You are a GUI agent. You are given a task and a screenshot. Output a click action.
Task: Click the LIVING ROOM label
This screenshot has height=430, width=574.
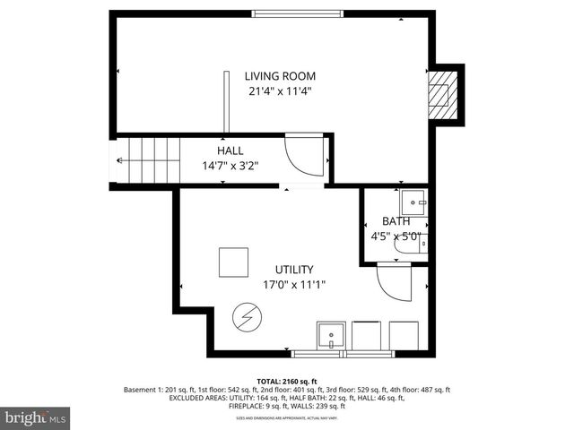(281, 76)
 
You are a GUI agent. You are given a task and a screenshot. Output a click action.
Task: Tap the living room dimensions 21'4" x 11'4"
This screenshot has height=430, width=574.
(281, 90)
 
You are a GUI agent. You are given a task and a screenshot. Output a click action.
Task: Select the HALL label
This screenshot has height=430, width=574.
(230, 151)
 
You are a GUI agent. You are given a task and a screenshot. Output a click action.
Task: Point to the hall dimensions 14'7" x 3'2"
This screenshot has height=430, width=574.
(230, 166)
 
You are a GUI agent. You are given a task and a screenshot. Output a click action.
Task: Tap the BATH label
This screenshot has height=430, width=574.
(396, 221)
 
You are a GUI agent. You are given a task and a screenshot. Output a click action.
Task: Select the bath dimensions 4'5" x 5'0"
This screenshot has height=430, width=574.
(396, 237)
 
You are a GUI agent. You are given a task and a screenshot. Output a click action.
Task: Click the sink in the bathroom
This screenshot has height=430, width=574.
(413, 200)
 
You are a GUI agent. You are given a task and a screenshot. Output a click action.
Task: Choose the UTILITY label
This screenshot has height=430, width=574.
(293, 270)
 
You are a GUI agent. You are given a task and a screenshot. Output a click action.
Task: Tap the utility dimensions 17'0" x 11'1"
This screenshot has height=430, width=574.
(293, 285)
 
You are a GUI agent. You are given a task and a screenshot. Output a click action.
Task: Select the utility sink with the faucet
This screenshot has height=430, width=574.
(331, 335)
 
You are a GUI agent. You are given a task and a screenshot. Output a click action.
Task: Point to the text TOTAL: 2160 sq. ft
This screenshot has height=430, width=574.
(286, 382)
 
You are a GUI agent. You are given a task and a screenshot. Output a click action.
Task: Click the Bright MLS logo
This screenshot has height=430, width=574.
(36, 417)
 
